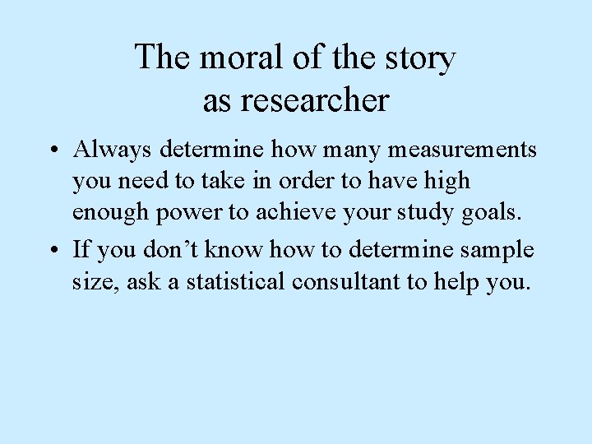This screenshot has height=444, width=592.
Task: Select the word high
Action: [444, 181]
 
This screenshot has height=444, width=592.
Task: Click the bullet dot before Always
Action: [52, 151]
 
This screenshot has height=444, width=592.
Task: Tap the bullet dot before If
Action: [52, 251]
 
